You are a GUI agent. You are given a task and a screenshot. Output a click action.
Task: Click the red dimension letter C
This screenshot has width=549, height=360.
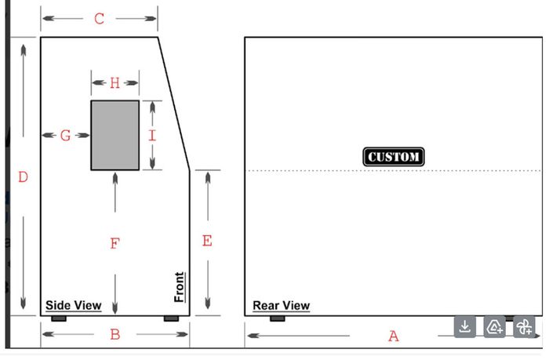click(99, 19)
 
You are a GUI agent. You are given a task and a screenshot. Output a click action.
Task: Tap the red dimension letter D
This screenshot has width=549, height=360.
click(23, 176)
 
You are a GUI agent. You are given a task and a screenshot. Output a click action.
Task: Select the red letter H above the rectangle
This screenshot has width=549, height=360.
click(115, 83)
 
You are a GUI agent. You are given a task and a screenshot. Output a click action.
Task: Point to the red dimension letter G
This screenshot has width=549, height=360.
click(65, 135)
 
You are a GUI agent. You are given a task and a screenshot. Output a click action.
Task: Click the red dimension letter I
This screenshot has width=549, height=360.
click(152, 135)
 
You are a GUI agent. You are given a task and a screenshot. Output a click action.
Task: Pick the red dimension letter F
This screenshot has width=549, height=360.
click(115, 243)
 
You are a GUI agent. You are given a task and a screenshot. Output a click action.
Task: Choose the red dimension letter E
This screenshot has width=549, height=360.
click(207, 241)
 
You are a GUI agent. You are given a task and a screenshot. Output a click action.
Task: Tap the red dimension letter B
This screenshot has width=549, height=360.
click(115, 334)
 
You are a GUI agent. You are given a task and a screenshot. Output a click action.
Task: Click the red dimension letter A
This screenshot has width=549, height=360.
click(394, 336)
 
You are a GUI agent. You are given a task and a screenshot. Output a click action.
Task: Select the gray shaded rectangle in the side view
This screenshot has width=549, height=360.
click(115, 135)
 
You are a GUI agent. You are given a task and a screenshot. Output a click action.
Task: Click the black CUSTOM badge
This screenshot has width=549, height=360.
click(394, 157)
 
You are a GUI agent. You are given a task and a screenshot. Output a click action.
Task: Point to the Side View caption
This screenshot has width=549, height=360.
click(74, 305)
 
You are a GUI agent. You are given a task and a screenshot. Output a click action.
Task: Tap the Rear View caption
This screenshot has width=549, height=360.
click(281, 305)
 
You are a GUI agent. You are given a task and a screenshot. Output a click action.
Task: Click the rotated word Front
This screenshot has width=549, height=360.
click(180, 287)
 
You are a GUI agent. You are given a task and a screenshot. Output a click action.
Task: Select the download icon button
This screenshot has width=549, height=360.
click(464, 327)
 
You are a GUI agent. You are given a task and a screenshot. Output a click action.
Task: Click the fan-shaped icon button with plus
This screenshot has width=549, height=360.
click(524, 327)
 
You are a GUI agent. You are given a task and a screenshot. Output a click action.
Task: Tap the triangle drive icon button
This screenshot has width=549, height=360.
click(494, 327)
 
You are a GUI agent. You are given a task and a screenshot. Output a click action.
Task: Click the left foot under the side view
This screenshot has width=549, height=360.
click(59, 318)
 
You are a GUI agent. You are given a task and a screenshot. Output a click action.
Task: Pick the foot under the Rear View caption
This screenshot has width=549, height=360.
click(278, 318)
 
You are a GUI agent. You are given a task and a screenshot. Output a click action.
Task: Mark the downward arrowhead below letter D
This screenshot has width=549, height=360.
click(23, 304)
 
